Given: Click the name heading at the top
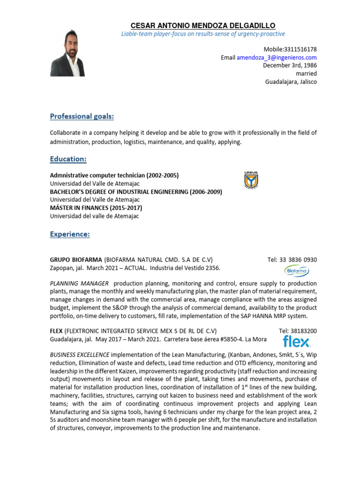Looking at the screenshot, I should coord(202,25).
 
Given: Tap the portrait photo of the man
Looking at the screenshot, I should coord(67,52).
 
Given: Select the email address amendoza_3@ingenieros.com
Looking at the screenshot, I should coord(277,57).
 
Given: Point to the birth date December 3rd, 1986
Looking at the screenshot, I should coord(290,65).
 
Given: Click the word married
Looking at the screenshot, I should coord(306,74).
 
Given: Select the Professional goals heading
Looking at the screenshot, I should coord(82,116).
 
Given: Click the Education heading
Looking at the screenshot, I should coord(68,159).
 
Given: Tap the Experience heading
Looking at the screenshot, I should coord(70,234).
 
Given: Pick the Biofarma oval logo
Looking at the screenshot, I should coord(296,271).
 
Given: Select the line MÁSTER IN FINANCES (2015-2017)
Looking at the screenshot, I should coord(96,208).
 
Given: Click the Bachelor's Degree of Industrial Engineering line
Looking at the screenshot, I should coord(136,192).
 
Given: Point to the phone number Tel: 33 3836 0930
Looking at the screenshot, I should coord(292,260).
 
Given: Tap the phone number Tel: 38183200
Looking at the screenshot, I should coord(298,330).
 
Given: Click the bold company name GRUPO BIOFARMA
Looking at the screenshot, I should coord(76,260).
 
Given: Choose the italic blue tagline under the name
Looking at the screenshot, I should coord(202,34).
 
